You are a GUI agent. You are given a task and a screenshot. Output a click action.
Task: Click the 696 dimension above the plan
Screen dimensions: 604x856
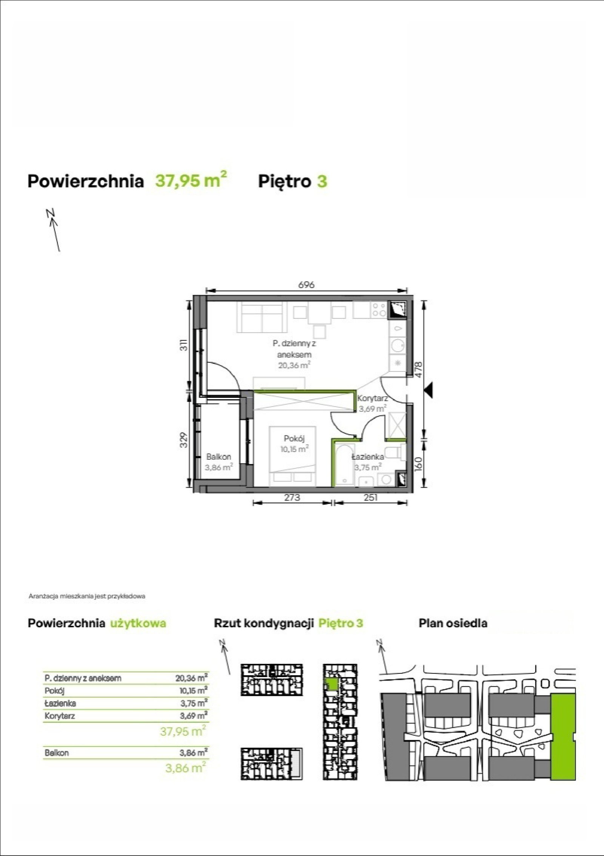pos(306,285)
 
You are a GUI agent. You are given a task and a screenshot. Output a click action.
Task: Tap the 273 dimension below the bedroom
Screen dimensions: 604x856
pos(292,497)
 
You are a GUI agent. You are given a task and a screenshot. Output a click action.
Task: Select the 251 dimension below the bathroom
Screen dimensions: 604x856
pos(371,497)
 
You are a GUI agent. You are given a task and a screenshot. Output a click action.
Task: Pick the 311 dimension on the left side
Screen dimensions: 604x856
pos(183,345)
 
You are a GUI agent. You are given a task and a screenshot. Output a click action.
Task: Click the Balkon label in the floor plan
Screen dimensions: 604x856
pos(219,457)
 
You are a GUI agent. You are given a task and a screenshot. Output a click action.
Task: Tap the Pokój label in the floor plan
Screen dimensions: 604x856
pos(294,438)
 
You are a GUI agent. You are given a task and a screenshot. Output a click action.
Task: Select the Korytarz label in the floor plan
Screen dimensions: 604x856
pos(373,398)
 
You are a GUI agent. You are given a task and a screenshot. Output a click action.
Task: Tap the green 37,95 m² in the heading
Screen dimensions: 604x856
pos(191,181)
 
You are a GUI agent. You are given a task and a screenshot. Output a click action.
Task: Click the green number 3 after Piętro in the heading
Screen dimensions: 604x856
pos(322,182)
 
